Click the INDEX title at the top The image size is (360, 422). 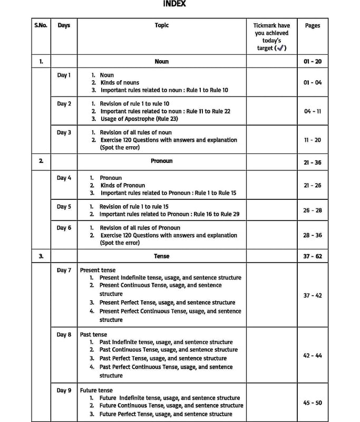pyautogui.click(x=174, y=4)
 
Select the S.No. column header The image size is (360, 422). pyautogui.click(x=41, y=25)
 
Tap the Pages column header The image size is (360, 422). pyautogui.click(x=312, y=25)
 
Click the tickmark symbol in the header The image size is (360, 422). pyautogui.click(x=280, y=48)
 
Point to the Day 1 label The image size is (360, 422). pyautogui.click(x=64, y=75)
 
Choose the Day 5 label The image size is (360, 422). pyautogui.click(x=64, y=207)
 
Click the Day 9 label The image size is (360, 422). pyautogui.click(x=64, y=390)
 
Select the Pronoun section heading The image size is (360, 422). pyautogui.click(x=161, y=161)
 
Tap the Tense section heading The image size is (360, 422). pyautogui.click(x=161, y=256)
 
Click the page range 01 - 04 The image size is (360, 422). pyautogui.click(x=312, y=83)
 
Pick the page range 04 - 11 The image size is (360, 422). pyautogui.click(x=312, y=111)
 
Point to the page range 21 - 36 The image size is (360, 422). pyautogui.click(x=312, y=162)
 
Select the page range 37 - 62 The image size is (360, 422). pyautogui.click(x=312, y=256)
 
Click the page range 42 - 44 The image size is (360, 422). pyautogui.click(x=312, y=356)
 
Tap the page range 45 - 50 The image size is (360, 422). pyautogui.click(x=312, y=402)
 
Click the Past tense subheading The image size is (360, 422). pyautogui.click(x=93, y=334)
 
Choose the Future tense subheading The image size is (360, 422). pyautogui.click(x=96, y=390)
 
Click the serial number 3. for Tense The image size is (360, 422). pyautogui.click(x=41, y=256)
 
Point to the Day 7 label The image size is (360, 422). pyautogui.click(x=64, y=270)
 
